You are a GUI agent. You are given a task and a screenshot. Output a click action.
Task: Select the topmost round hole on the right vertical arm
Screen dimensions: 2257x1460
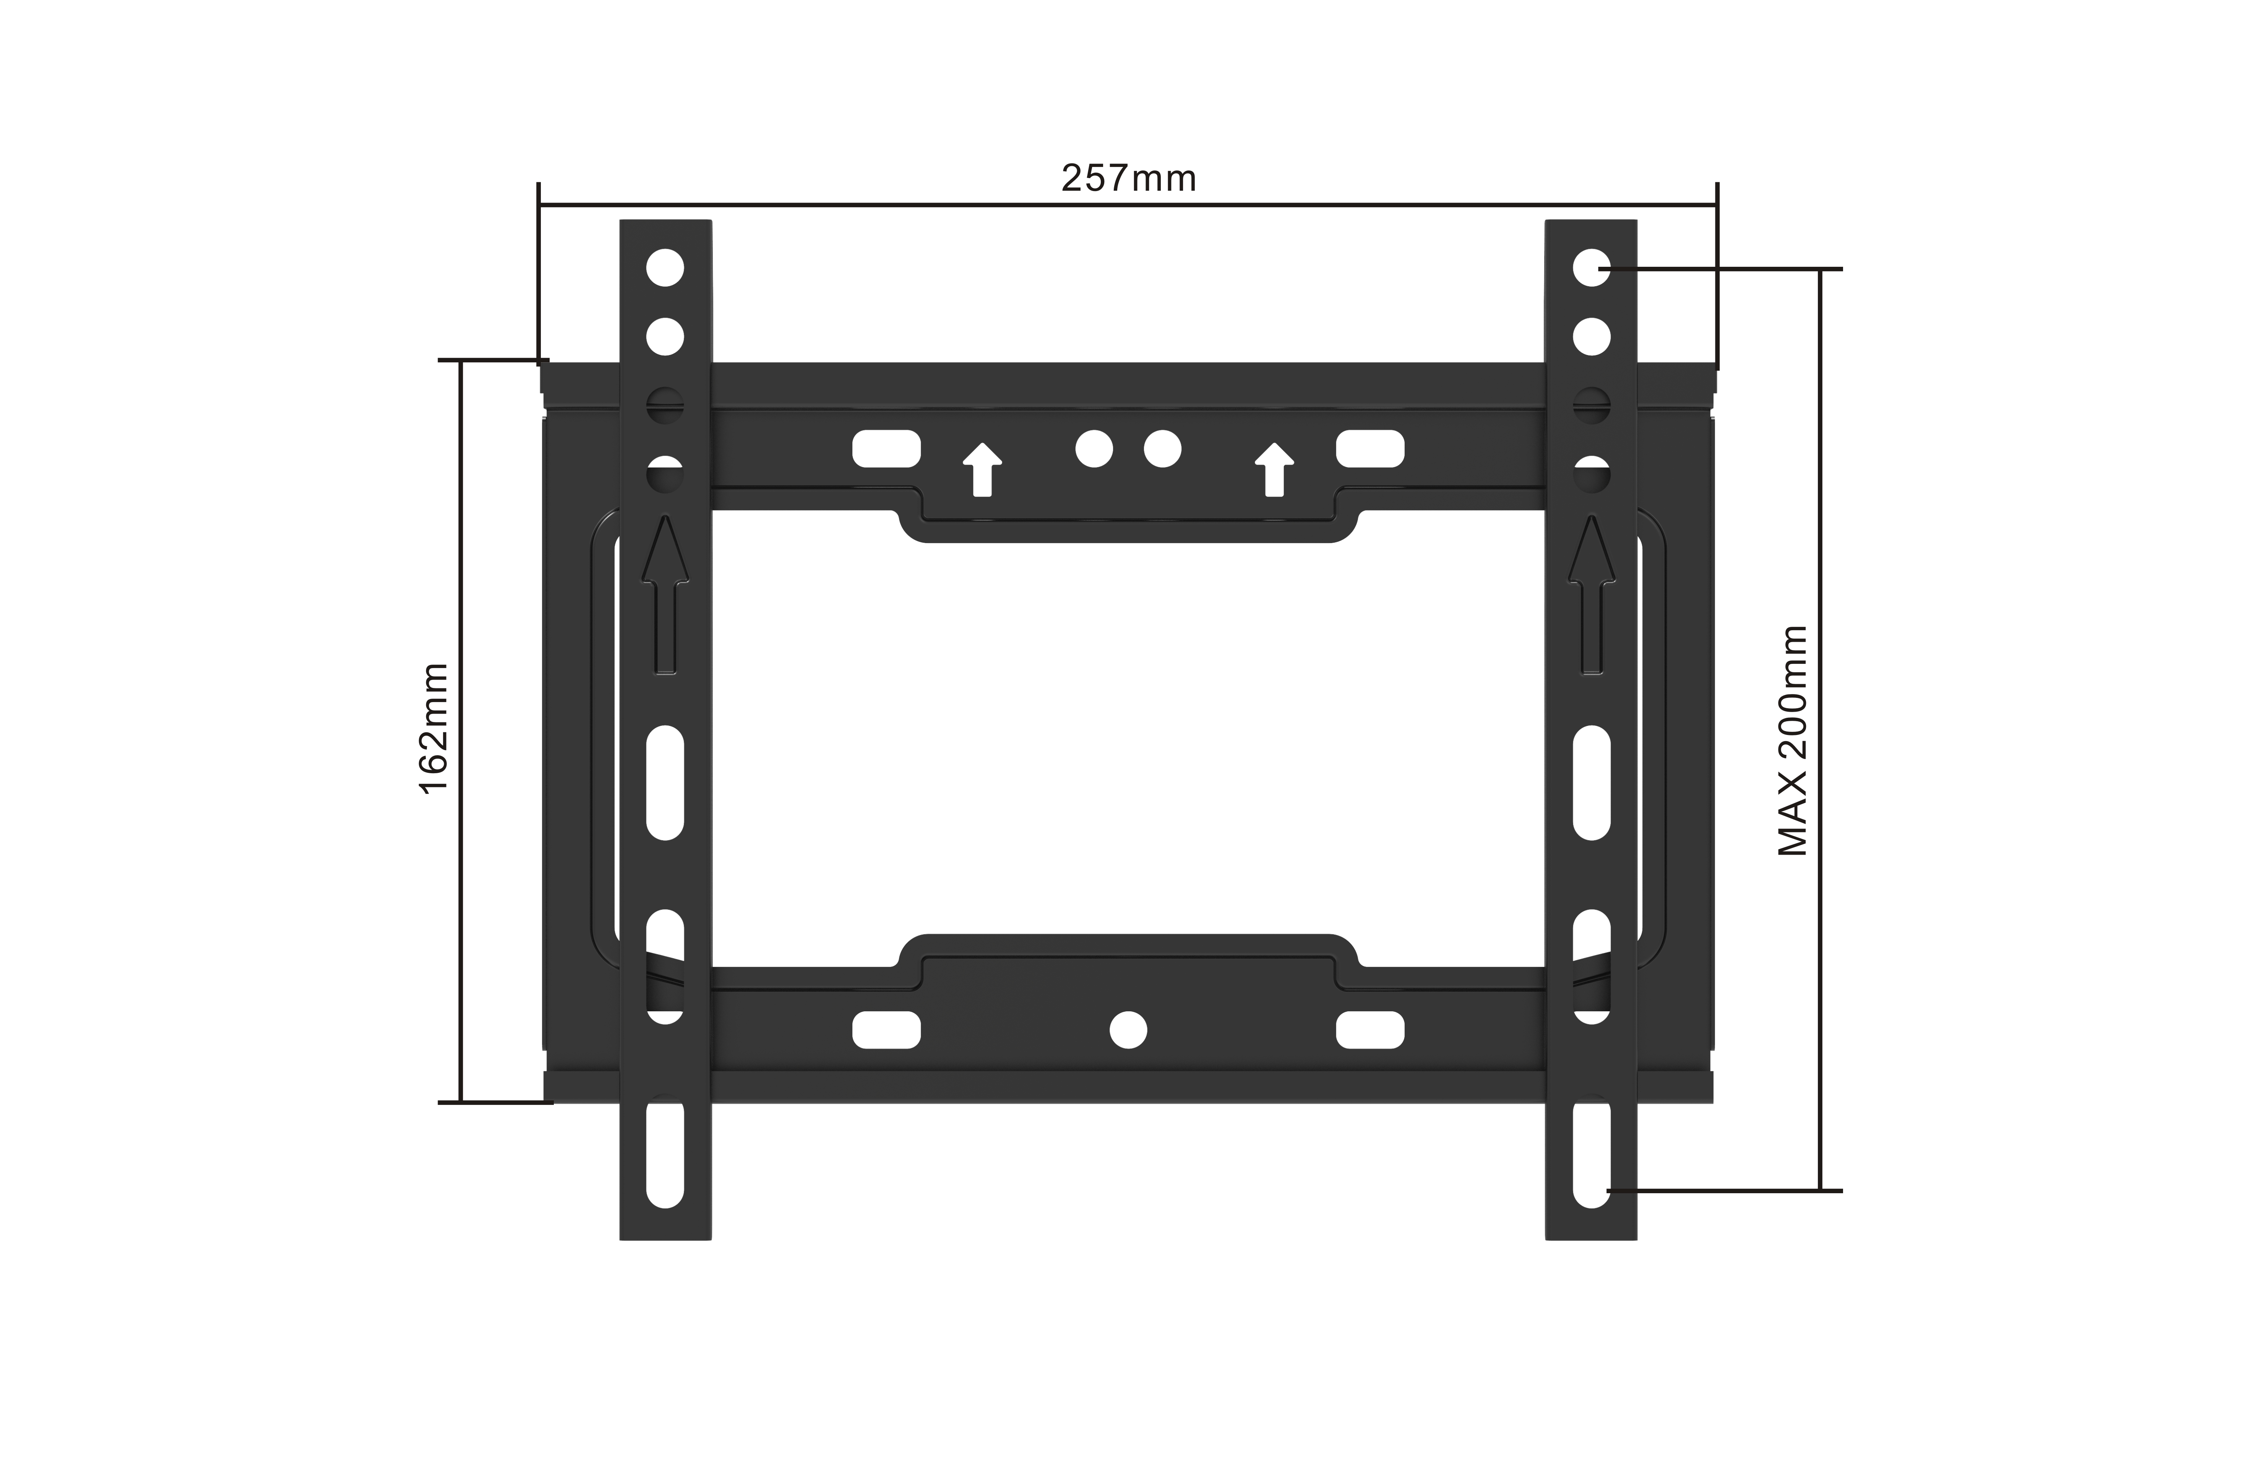[1592, 268]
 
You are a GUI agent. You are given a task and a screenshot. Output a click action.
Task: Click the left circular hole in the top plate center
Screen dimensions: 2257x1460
[1094, 448]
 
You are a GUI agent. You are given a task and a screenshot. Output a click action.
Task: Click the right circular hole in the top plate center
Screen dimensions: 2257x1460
[1162, 448]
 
